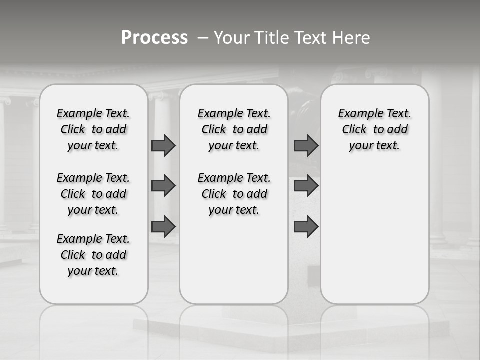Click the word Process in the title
(154, 37)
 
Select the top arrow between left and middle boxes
(163, 145)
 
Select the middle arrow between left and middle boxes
(163, 186)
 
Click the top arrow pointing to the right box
(306, 145)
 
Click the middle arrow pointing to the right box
(306, 186)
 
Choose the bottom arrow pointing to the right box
(306, 227)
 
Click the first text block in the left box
(93, 129)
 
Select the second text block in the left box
(93, 194)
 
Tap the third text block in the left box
(93, 255)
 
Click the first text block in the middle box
(234, 129)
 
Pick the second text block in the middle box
(234, 194)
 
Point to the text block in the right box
(375, 129)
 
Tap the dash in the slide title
(202, 38)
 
